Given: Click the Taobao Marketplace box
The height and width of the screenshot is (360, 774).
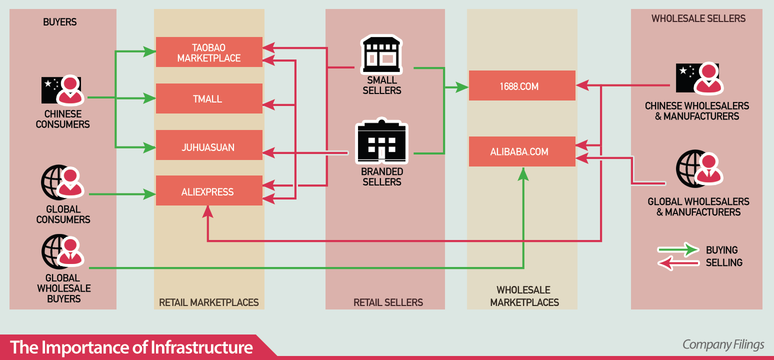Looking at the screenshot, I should [x=209, y=52].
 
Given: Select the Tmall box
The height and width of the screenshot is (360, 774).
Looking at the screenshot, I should [x=209, y=98].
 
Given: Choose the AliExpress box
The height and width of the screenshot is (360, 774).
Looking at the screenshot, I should [x=209, y=190].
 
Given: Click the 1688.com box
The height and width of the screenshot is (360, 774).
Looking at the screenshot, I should [x=522, y=85].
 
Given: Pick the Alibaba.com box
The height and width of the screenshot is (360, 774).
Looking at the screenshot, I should [x=522, y=151].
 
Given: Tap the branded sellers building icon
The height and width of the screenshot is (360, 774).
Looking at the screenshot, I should [x=381, y=142].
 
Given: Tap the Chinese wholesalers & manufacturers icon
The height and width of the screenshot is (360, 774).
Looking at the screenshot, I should [x=698, y=79].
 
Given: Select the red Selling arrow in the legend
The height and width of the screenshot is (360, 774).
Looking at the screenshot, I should [x=678, y=263].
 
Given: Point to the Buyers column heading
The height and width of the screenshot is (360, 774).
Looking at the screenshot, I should [x=60, y=22].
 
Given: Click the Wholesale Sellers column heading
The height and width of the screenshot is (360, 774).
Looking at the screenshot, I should [x=698, y=19].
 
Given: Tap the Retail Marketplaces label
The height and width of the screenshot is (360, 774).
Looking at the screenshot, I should [x=209, y=302].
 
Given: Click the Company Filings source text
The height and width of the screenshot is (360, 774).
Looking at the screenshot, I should [x=723, y=345].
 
